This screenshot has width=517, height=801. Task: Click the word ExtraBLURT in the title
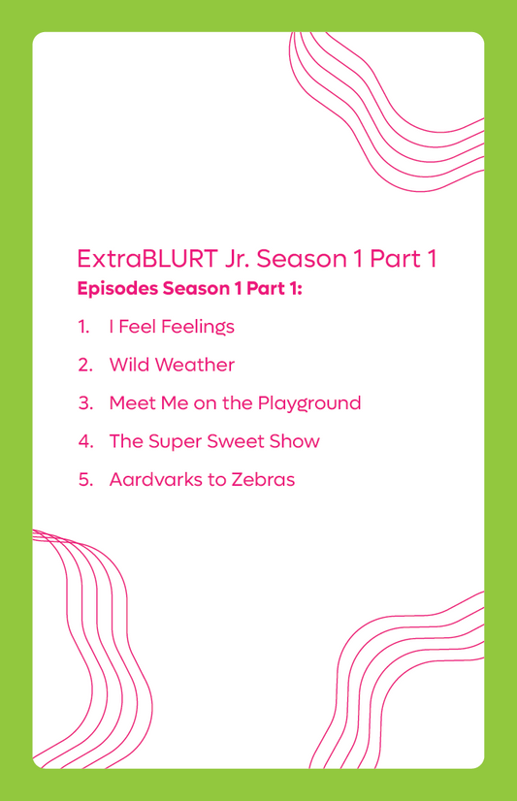[x=147, y=259]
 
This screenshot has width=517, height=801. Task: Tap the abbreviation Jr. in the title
[x=238, y=259]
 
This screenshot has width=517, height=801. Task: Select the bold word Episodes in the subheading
[x=117, y=289]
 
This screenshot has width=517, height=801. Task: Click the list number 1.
[x=83, y=327]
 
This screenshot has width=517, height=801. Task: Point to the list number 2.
[x=85, y=365]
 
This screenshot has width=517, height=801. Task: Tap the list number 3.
[x=85, y=403]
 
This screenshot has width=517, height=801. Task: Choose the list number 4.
[x=85, y=441]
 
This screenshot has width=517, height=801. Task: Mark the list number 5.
[x=85, y=480]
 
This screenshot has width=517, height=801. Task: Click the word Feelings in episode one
[x=198, y=328]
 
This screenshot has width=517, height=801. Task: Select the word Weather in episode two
[x=195, y=365]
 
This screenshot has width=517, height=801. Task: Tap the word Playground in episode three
[x=309, y=404]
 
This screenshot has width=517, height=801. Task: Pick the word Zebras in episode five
[x=263, y=480]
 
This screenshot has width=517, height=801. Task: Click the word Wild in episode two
[x=130, y=365]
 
